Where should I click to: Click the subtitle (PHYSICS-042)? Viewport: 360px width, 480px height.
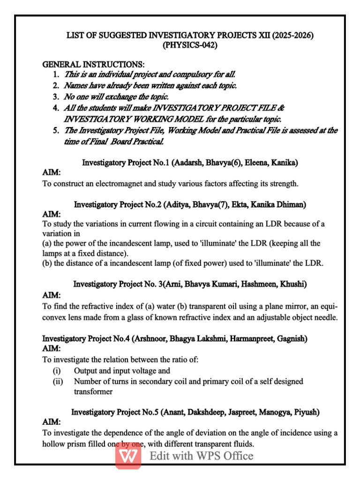tap(190, 45)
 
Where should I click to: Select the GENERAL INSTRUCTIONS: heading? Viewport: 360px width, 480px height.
tap(94, 64)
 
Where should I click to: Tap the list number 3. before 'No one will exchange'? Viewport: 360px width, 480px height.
tap(55, 97)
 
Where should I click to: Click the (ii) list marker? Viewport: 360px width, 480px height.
tap(58, 382)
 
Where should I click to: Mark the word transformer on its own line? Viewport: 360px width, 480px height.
tap(93, 392)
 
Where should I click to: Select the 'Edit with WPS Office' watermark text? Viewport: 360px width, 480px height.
tap(202, 456)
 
